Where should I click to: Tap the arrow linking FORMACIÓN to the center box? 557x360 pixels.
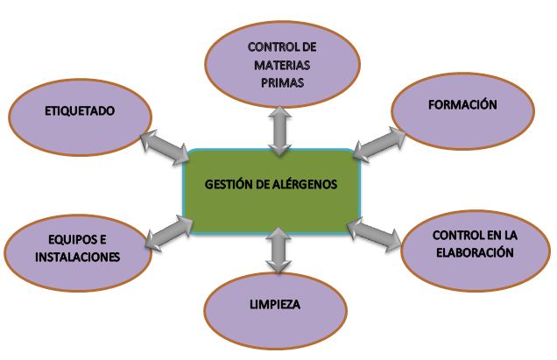(380, 141)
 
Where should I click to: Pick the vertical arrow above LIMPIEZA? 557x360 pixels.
(277, 249)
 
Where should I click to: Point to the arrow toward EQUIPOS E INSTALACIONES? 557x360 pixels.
(169, 233)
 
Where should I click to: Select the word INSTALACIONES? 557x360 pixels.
(78, 258)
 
